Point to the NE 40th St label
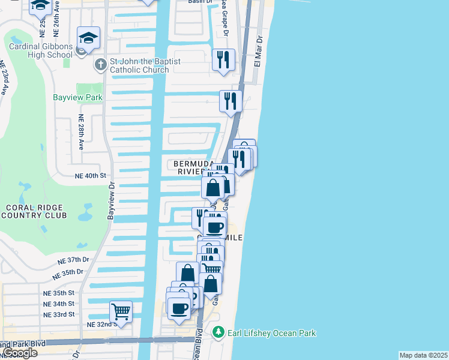coord(90,176)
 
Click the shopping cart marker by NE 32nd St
coord(121,312)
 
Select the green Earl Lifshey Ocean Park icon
coord(218,332)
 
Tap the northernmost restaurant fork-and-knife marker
coord(223,59)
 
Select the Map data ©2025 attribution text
coord(423,355)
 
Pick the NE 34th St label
coord(58,304)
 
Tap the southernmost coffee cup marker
coord(178,308)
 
